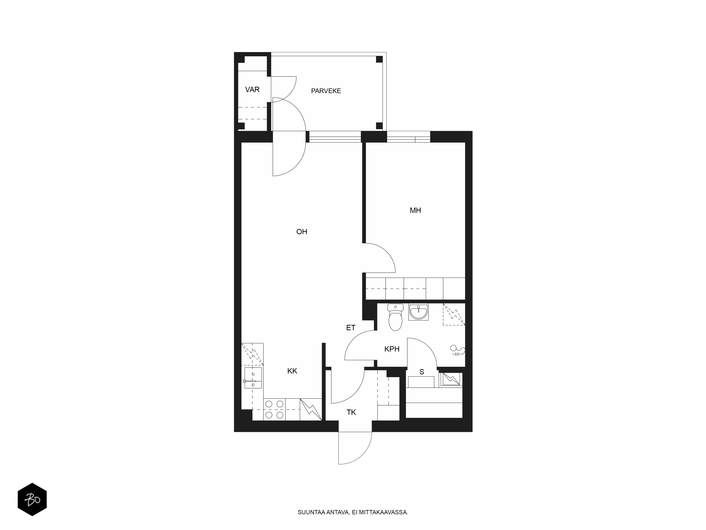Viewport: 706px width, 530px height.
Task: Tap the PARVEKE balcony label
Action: (326, 91)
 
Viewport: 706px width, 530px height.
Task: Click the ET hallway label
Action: (351, 328)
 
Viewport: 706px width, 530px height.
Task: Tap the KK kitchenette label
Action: (292, 371)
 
